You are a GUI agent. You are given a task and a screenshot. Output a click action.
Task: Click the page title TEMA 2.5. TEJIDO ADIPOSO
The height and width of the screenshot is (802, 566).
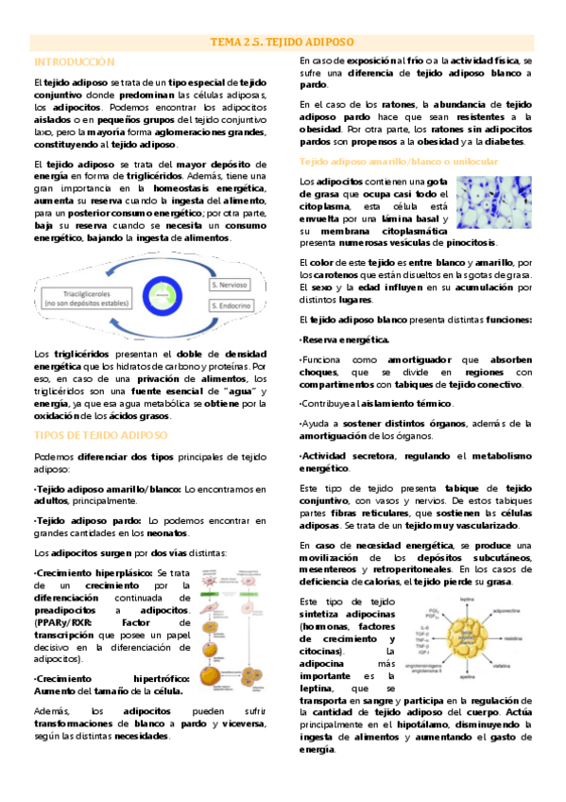pos(283,43)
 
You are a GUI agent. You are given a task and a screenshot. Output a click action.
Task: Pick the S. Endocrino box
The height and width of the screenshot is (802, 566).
pos(231,306)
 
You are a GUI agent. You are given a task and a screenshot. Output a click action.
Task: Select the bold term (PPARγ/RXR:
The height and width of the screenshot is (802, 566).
pos(64,624)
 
